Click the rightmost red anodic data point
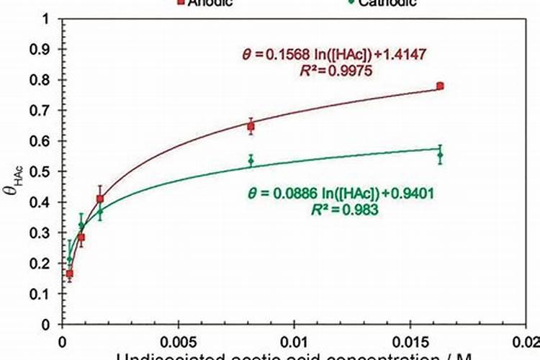pos(440,86)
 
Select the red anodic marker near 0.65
pos(251,126)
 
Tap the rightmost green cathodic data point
pos(440,155)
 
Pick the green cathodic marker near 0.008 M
pos(251,161)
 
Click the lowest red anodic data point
pos(70,274)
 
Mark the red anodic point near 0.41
pos(100,199)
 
